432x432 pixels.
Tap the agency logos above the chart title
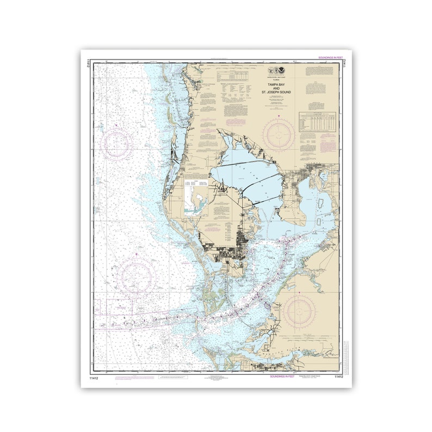(x=279, y=71)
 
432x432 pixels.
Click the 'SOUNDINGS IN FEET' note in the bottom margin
(x=282, y=376)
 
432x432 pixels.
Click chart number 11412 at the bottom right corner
(x=339, y=376)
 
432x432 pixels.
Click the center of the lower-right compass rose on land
(x=299, y=311)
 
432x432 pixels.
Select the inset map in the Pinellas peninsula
(x=197, y=197)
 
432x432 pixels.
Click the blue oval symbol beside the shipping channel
(x=266, y=306)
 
